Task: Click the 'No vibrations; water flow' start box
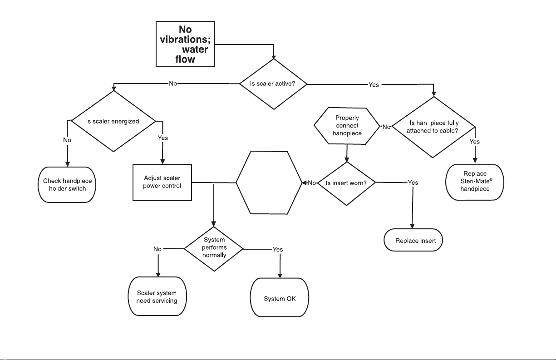tap(185, 44)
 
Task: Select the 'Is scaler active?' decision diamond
tap(273, 84)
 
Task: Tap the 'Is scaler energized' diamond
tap(113, 121)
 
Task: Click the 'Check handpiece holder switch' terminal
tap(67, 185)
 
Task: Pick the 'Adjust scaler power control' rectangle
tap(162, 182)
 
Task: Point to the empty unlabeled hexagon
tap(269, 182)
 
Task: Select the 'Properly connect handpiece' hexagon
tap(347, 126)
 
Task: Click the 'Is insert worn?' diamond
tap(346, 183)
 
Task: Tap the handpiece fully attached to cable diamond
tap(433, 127)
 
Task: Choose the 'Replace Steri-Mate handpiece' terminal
tap(475, 182)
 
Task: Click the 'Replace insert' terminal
tap(413, 240)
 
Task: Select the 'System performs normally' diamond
tap(214, 249)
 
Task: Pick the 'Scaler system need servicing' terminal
tap(157, 296)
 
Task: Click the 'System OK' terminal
tap(280, 297)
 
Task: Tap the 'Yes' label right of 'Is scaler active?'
tap(374, 85)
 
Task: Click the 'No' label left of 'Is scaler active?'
tap(173, 84)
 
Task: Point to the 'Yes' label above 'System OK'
tap(278, 249)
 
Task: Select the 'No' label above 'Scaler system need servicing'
tap(157, 249)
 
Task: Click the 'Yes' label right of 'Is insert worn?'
tap(413, 183)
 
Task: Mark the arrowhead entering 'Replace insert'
tap(412, 226)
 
